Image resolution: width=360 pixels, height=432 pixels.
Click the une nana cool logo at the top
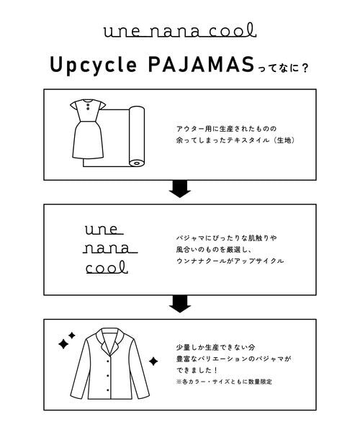click(179, 31)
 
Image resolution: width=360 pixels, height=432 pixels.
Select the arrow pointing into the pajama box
click(179, 303)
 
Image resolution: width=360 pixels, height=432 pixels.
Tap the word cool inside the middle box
click(106, 268)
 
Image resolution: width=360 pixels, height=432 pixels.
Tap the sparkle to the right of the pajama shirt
click(153, 361)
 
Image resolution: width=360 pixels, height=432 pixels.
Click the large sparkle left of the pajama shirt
click(63, 343)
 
